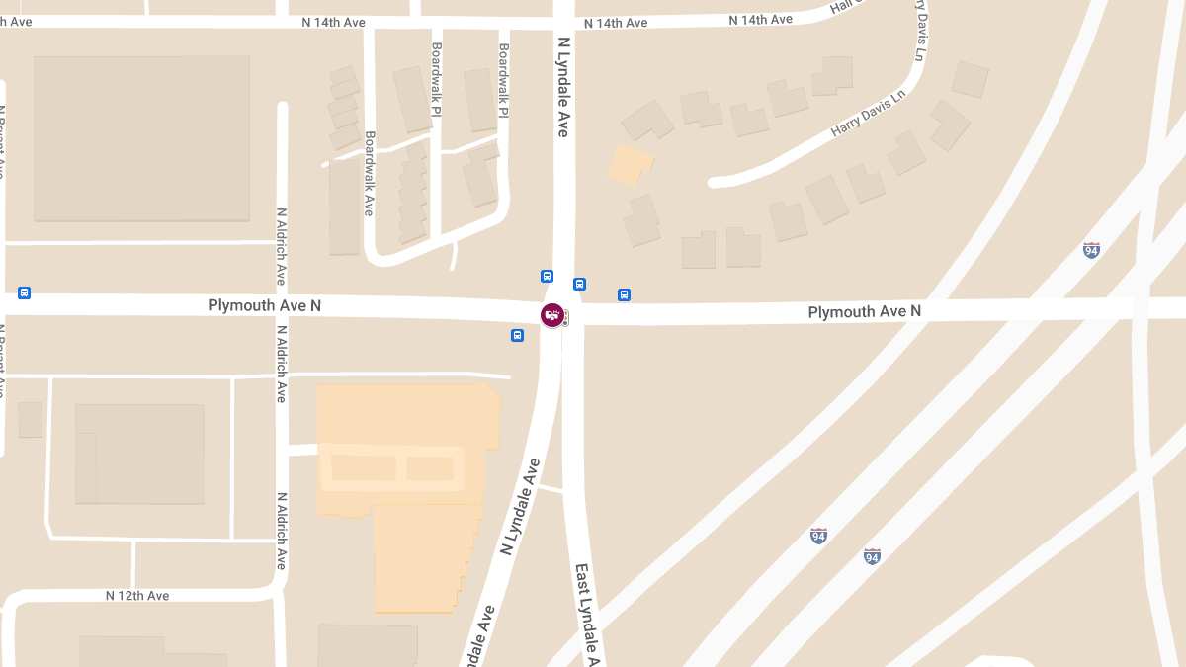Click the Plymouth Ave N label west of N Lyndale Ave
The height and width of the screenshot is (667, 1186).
[264, 306]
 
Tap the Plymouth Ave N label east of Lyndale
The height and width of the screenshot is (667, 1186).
[864, 311]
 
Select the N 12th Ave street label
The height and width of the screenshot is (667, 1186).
[137, 596]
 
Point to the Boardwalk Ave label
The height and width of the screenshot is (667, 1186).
[369, 174]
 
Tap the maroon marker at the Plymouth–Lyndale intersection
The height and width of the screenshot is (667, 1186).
[551, 315]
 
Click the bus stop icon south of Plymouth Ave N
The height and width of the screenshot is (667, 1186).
[517, 336]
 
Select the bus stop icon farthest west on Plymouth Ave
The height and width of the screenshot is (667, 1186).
[25, 293]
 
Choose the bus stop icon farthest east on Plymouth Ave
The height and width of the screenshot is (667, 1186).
[624, 294]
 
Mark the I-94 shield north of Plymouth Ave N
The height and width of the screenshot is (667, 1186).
[1091, 250]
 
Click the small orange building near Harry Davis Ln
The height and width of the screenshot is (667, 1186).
[630, 164]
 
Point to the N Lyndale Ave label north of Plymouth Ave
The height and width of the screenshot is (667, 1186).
[563, 87]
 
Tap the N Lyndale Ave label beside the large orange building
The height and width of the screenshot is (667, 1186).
[521, 505]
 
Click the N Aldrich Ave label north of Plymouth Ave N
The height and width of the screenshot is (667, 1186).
[282, 246]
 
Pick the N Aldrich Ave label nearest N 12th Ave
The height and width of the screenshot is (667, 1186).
[282, 531]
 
